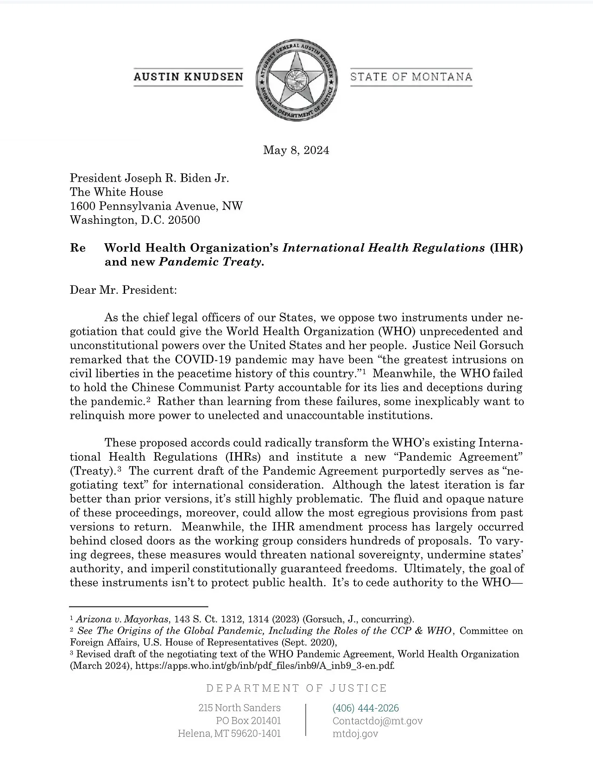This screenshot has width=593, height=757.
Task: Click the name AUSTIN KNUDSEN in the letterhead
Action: (x=188, y=77)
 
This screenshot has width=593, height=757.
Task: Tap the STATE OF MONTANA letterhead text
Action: (x=411, y=76)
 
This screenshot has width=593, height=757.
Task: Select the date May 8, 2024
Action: (x=296, y=150)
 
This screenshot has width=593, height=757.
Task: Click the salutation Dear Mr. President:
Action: (x=123, y=290)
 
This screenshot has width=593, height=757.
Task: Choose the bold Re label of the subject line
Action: (x=78, y=248)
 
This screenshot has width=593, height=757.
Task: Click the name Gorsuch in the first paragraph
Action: (x=502, y=346)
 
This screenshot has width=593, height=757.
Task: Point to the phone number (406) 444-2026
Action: (x=366, y=708)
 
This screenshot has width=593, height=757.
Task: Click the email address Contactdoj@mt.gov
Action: (x=377, y=721)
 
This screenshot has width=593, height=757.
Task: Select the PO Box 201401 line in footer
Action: (x=248, y=721)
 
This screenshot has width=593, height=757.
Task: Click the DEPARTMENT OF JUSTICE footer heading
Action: (x=296, y=688)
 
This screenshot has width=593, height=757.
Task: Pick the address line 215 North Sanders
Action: (x=240, y=708)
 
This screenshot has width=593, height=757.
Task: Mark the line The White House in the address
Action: (x=116, y=192)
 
